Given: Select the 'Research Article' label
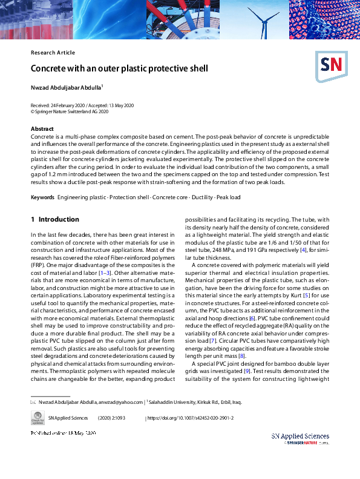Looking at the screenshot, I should [53, 53].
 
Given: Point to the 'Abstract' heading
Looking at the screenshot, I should [42, 129].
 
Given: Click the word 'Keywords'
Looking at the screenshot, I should [42, 181].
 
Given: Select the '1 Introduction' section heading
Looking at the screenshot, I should [55, 219].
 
